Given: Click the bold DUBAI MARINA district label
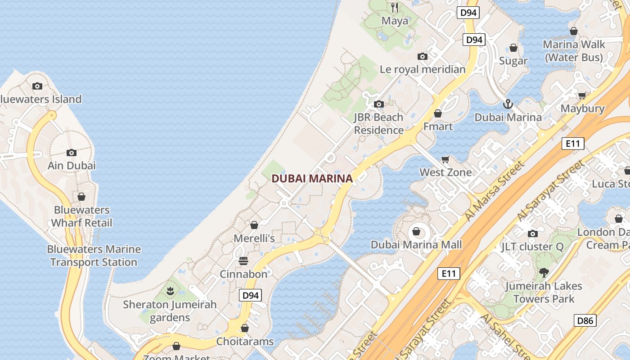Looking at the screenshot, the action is (x=312, y=179).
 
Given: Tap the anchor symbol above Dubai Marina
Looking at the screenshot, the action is (x=508, y=104).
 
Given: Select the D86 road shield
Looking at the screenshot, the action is (x=585, y=320).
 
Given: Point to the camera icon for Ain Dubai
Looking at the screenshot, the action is (x=72, y=153).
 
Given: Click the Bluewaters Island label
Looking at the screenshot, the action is (x=40, y=99).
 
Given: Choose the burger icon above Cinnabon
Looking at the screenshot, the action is (x=243, y=261).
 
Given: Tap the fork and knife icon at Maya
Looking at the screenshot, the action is (x=395, y=7).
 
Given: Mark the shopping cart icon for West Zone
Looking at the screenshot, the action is (x=445, y=159).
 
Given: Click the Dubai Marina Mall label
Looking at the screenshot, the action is (x=416, y=245).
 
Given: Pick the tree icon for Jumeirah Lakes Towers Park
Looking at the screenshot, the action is (x=544, y=272).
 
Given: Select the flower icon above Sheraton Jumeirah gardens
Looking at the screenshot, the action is (x=170, y=291).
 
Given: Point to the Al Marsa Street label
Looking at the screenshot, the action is (x=495, y=191).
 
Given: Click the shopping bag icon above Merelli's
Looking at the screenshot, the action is (x=254, y=225).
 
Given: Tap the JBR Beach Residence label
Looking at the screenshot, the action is (x=378, y=124).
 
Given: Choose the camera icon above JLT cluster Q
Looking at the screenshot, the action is (x=533, y=234).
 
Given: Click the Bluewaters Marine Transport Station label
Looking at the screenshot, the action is (x=94, y=256).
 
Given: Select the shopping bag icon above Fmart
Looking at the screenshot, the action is (x=438, y=113).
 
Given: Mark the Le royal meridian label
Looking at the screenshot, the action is (x=423, y=69).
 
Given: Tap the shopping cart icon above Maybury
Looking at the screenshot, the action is (x=582, y=95).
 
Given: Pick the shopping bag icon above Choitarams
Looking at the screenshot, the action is (x=245, y=328).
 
